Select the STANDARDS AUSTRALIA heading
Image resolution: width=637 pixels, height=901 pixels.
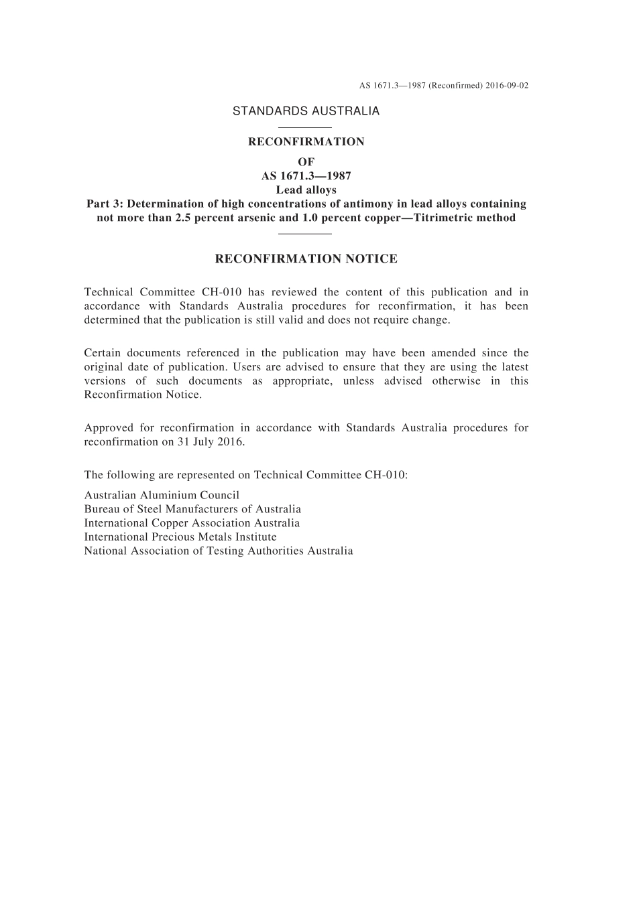[x=306, y=111]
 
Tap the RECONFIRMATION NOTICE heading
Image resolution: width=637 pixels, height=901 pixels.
[x=306, y=259]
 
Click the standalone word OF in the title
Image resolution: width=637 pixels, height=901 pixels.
[x=306, y=162]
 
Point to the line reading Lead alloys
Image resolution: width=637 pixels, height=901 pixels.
[x=306, y=190]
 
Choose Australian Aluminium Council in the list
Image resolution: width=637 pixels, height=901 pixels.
[x=162, y=496]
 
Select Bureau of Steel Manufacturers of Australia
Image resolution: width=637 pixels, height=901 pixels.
[x=192, y=509]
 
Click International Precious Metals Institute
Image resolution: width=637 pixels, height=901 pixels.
[x=180, y=537]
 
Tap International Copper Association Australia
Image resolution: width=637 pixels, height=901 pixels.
[x=192, y=523]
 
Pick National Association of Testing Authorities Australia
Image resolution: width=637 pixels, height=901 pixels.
[x=219, y=551]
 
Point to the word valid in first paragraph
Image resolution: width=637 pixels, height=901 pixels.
[x=288, y=320]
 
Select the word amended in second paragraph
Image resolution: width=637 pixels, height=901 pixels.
[x=453, y=353]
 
